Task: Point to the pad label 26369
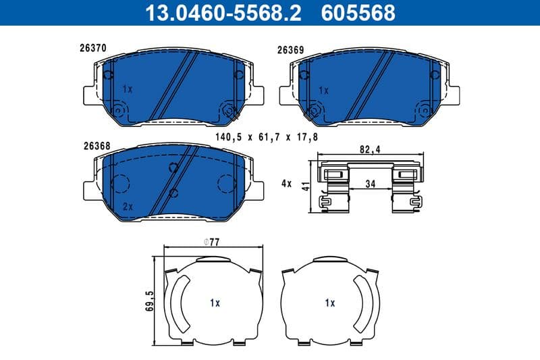tap(290, 49)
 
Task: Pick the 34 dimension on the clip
tap(370, 182)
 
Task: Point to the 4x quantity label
tap(286, 182)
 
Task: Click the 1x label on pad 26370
tap(128, 88)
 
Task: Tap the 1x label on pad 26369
tap(323, 89)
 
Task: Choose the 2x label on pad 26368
tap(128, 206)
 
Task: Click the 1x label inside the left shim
tap(215, 303)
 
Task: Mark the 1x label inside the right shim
tap(329, 303)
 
